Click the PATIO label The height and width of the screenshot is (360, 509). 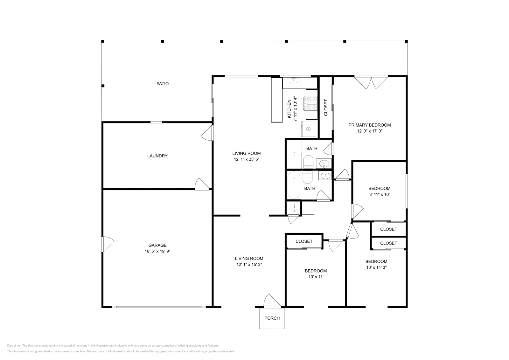(x=162, y=84)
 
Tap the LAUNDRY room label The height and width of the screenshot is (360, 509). (x=157, y=156)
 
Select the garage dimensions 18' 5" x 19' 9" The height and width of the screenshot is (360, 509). (x=157, y=251)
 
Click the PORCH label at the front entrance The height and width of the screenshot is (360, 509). (x=272, y=318)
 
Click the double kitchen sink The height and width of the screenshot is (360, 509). (x=294, y=83)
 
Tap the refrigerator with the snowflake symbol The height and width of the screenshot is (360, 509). (x=309, y=129)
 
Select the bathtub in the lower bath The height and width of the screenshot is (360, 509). (x=294, y=185)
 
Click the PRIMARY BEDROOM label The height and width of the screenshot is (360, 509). (x=369, y=125)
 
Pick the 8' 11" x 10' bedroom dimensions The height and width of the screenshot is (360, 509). (x=379, y=194)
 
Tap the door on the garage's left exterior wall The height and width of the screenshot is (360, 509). (x=108, y=244)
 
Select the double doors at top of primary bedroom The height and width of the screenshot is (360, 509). (x=371, y=82)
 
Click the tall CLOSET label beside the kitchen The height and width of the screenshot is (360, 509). (x=326, y=107)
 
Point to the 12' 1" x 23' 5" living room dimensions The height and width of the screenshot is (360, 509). (x=246, y=159)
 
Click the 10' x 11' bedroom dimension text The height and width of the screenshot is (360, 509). (x=316, y=277)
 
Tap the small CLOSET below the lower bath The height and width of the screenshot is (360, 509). (x=295, y=208)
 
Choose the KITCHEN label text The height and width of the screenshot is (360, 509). (x=289, y=109)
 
